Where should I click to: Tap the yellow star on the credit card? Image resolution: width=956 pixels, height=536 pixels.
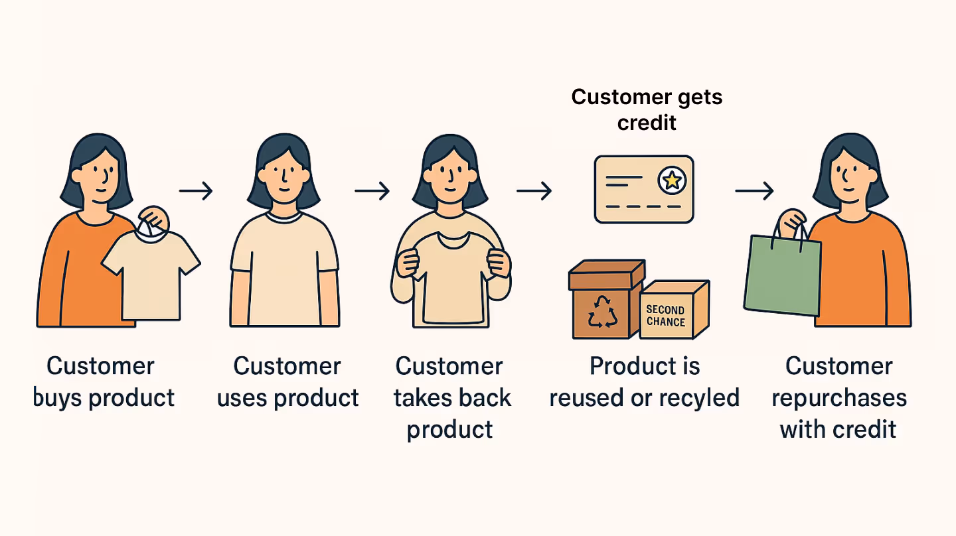pyautogui.click(x=671, y=178)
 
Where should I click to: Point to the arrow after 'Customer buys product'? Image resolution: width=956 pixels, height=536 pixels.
pyautogui.click(x=196, y=192)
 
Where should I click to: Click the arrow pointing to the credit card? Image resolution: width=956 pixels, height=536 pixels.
pyautogui.click(x=534, y=192)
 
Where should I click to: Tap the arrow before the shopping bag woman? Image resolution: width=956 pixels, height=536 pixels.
pyautogui.click(x=754, y=192)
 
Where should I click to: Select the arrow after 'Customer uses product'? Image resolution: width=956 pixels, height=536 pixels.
pyautogui.click(x=372, y=192)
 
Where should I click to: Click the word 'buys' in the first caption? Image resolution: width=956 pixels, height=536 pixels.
pyautogui.click(x=58, y=398)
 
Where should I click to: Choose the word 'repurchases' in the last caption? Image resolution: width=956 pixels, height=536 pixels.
pyautogui.click(x=839, y=398)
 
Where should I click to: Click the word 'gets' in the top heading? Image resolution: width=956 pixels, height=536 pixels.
pyautogui.click(x=696, y=97)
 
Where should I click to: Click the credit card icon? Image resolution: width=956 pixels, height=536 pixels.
pyautogui.click(x=643, y=189)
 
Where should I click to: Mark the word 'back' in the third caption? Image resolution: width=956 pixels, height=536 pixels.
pyautogui.click(x=486, y=398)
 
